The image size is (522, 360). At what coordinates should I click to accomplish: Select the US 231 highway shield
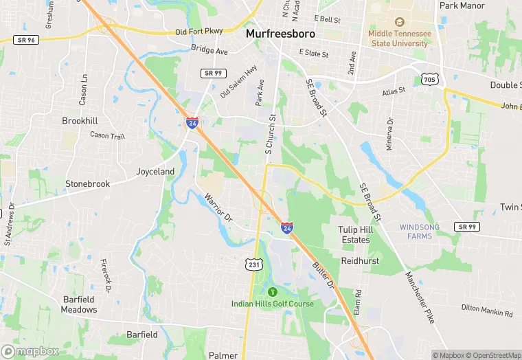[x=254, y=265]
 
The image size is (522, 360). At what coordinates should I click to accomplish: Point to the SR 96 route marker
[x=25, y=40]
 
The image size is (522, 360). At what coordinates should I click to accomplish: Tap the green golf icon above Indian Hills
[x=272, y=291]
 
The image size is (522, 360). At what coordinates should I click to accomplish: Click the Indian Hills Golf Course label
[x=272, y=304]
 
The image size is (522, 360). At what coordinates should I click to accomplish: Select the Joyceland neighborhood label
[x=155, y=171]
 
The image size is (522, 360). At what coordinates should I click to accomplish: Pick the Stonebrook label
[x=87, y=184]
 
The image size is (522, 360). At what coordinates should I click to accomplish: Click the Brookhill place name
[x=80, y=120]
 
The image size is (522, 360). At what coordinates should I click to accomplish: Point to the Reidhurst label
[x=361, y=261]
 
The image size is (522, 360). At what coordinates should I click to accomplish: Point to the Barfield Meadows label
[x=78, y=304]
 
